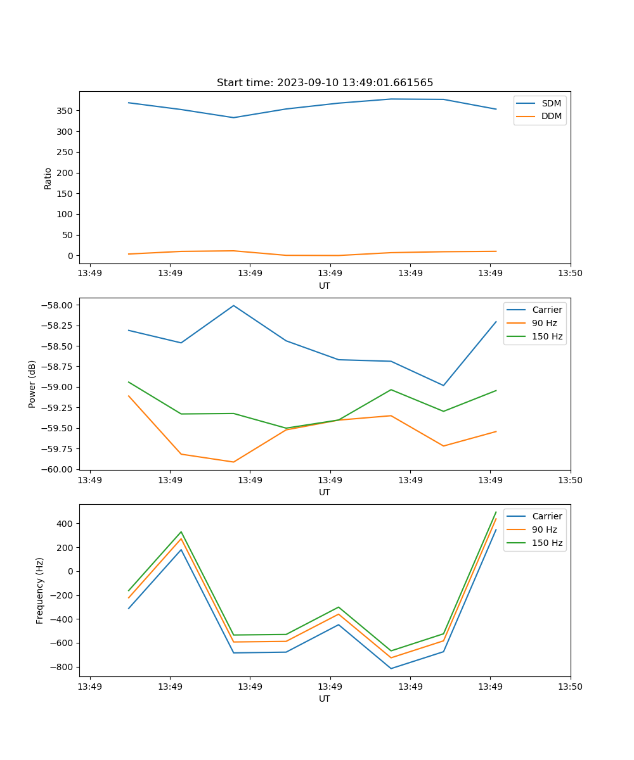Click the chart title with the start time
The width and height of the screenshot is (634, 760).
(x=325, y=83)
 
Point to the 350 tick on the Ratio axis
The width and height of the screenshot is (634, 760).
(x=66, y=111)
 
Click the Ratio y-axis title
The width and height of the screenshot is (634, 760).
(x=48, y=178)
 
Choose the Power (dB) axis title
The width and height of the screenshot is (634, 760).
(x=32, y=384)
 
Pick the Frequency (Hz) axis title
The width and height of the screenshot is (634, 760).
(x=40, y=590)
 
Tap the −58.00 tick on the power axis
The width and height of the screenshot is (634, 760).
(x=57, y=305)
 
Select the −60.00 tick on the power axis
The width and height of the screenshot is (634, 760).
(x=57, y=469)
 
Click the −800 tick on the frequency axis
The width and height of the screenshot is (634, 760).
(x=63, y=667)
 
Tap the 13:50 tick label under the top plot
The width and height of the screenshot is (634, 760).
(x=571, y=274)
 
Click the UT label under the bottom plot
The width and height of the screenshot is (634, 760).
(x=325, y=699)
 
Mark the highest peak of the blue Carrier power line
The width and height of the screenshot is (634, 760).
(x=233, y=305)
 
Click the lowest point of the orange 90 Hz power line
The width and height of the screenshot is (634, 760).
(x=233, y=462)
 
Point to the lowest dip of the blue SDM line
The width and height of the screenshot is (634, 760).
(x=233, y=118)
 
